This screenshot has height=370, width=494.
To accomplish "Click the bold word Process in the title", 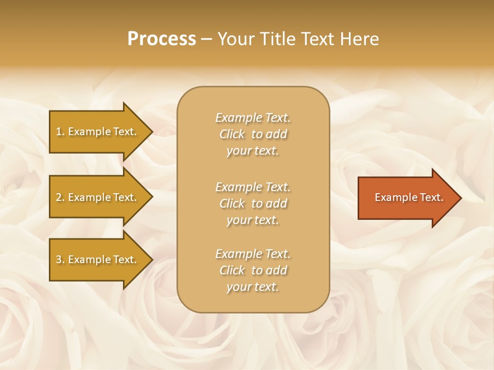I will (162, 39).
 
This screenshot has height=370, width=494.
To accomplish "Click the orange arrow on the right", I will (407, 197).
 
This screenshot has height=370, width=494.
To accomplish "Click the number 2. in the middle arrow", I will (60, 197).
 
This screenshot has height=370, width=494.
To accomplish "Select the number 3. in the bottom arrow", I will (60, 260).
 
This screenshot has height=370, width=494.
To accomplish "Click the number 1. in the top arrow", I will (60, 132).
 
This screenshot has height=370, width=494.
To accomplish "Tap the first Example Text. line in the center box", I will (253, 118).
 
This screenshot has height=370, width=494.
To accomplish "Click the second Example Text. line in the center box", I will (253, 187).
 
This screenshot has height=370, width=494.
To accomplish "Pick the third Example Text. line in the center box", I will (253, 254).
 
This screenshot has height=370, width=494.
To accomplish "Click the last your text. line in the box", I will (253, 287).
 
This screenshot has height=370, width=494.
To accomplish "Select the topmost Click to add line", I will (253, 134).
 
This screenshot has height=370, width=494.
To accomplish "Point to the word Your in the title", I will (235, 39).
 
